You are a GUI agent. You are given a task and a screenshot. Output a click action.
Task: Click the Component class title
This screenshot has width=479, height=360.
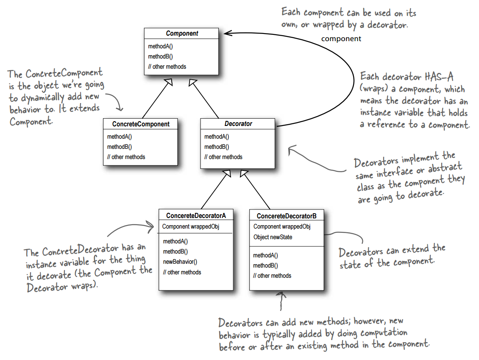[x=182, y=33]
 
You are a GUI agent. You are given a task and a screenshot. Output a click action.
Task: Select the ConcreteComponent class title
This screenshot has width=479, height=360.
[x=141, y=124]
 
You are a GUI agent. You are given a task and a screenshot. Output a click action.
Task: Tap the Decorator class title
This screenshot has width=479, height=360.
[x=238, y=124]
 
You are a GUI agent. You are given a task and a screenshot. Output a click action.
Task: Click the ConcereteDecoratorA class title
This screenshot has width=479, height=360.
[x=196, y=216]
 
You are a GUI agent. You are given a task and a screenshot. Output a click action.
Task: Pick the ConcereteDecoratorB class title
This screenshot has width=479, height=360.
[x=287, y=216]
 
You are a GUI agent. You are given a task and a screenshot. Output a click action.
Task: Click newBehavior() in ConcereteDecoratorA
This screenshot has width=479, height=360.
[x=180, y=262]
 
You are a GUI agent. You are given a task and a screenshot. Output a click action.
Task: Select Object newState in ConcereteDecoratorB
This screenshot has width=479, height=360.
[x=273, y=237]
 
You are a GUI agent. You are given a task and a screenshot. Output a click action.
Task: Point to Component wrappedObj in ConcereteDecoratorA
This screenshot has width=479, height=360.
[x=190, y=226]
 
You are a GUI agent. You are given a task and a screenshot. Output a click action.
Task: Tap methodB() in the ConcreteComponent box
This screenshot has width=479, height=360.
[x=119, y=147]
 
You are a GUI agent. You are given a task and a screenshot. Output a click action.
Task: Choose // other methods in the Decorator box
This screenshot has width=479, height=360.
[x=223, y=157]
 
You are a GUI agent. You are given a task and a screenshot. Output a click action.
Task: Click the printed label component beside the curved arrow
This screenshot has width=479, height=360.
[x=341, y=39]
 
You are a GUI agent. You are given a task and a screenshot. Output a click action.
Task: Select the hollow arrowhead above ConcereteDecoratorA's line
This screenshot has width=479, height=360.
[x=227, y=173]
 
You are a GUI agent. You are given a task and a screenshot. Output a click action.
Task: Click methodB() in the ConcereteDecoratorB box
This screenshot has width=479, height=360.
[x=265, y=265]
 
